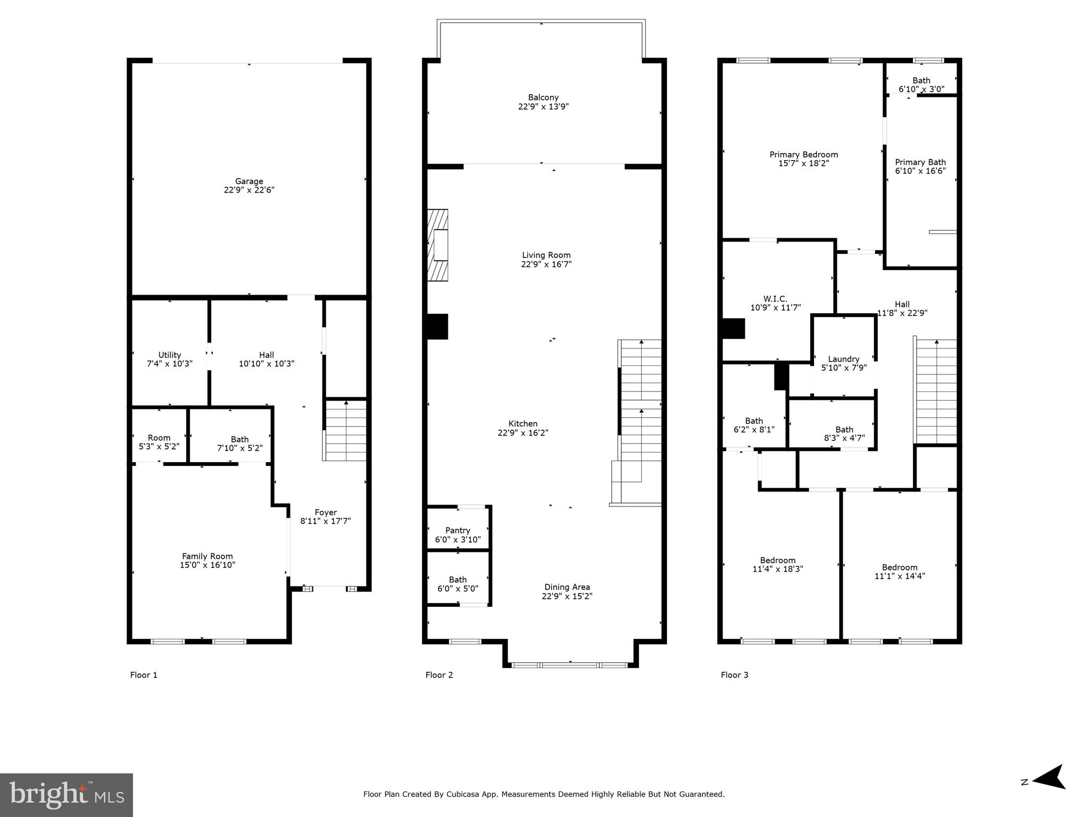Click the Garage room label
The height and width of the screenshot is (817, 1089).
click(x=249, y=181)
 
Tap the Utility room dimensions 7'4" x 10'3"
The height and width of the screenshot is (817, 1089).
click(x=170, y=364)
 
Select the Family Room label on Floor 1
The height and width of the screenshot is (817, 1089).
click(x=207, y=556)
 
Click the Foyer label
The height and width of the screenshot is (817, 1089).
click(x=326, y=513)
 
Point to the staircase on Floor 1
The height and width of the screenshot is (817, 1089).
click(x=346, y=431)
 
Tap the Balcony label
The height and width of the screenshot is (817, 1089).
click(x=543, y=97)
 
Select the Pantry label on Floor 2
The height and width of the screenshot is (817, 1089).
click(x=458, y=530)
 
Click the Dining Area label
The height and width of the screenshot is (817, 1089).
click(x=567, y=587)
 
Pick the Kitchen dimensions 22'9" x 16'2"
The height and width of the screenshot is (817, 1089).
click(x=523, y=433)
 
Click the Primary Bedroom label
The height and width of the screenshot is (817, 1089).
click(x=803, y=155)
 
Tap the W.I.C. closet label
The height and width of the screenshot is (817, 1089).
click(x=775, y=299)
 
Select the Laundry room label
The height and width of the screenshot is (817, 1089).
click(x=844, y=359)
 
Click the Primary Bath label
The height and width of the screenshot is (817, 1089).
click(x=920, y=162)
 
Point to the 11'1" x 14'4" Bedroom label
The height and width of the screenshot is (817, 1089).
click(x=900, y=568)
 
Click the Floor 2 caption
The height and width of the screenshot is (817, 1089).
click(x=439, y=675)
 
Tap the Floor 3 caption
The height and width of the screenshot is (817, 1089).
click(x=734, y=675)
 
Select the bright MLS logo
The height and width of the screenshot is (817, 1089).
click(x=66, y=795)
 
